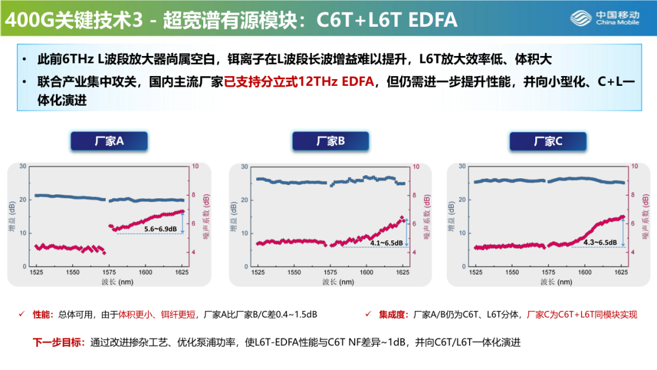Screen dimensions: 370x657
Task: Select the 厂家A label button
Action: pyautogui.click(x=109, y=141)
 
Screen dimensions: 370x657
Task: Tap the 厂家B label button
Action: pyautogui.click(x=330, y=141)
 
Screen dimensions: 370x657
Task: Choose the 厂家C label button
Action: pyautogui.click(x=548, y=141)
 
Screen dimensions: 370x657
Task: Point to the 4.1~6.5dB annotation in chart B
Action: pyautogui.click(x=386, y=243)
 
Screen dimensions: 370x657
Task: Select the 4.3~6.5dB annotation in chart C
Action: pyautogui.click(x=600, y=242)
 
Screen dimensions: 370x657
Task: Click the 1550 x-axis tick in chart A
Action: pyautogui.click(x=72, y=273)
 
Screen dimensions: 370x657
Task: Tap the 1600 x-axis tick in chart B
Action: pyautogui.click(x=366, y=273)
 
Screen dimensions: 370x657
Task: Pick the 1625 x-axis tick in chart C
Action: pyautogui.click(x=621, y=273)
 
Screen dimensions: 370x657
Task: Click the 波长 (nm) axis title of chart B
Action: pyautogui.click(x=338, y=282)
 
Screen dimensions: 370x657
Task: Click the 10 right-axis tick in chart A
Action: pyautogui.click(x=195, y=166)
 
